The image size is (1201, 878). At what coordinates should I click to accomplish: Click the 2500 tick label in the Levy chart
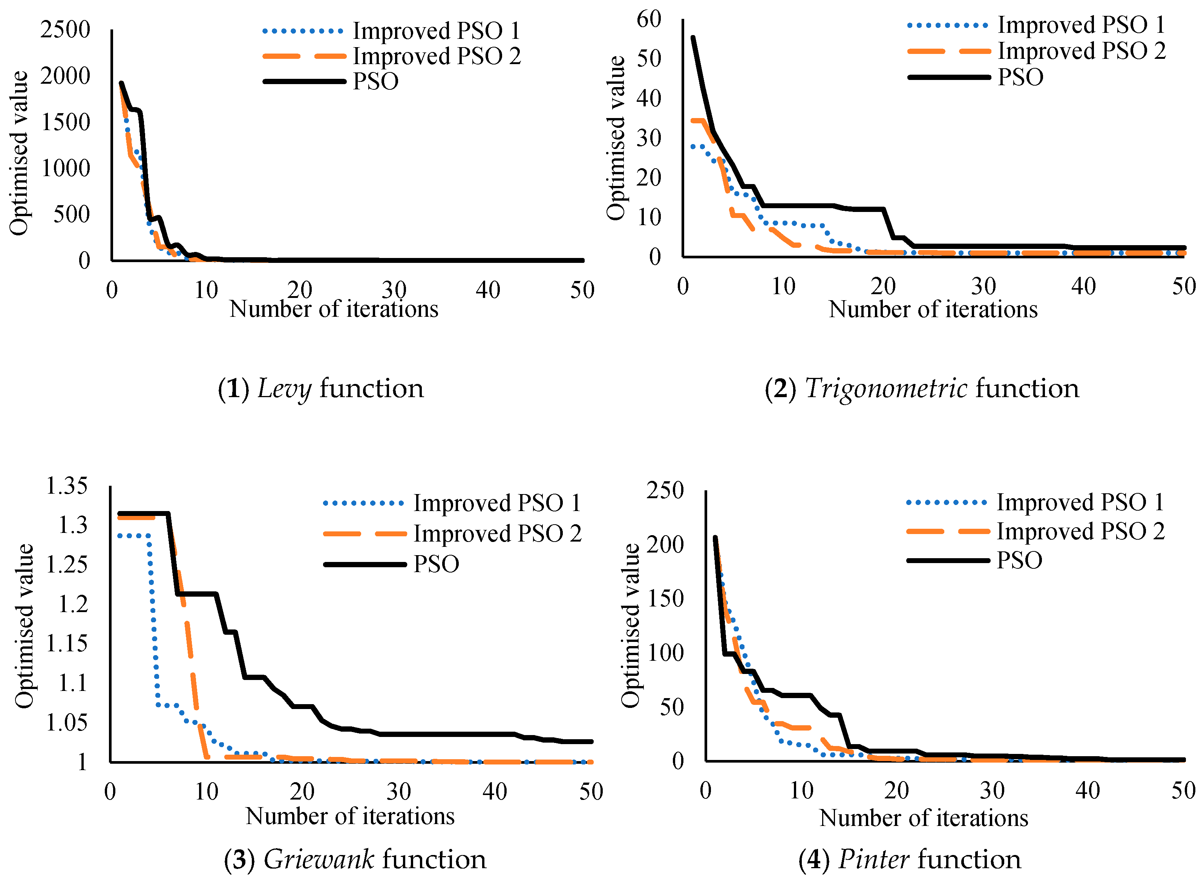65,29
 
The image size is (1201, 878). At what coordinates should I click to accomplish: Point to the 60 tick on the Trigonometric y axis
649,19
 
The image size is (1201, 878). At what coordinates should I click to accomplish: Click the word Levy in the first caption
284,388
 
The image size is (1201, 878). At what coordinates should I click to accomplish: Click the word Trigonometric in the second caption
886,388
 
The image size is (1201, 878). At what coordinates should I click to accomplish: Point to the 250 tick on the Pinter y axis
665,490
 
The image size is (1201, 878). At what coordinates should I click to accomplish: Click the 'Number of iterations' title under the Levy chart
334,309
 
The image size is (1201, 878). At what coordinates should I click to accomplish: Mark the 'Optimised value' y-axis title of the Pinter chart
631,626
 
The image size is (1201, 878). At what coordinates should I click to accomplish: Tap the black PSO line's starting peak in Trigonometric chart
692,37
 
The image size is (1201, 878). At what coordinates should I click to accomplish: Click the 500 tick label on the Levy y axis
71,215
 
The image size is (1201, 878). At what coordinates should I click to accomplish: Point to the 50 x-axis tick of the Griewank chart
591,792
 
